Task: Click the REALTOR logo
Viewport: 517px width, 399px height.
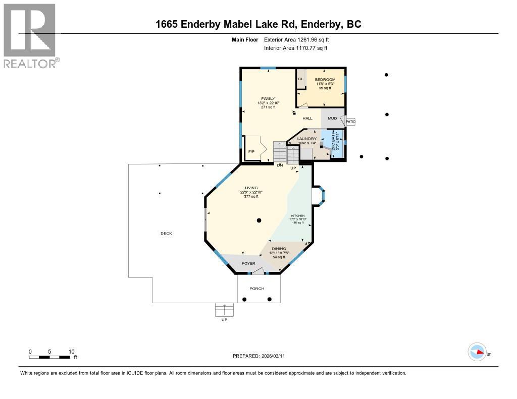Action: (30, 35)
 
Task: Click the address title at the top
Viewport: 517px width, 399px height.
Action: (258, 24)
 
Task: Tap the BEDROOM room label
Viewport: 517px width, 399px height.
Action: (325, 80)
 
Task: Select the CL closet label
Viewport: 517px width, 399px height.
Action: (300, 79)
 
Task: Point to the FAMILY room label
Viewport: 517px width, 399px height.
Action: (268, 98)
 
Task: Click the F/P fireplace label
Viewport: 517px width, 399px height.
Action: (251, 152)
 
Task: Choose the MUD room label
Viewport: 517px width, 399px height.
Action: (332, 119)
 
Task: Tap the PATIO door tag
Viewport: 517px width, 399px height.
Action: (350, 122)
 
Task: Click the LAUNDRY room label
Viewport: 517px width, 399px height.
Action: (306, 139)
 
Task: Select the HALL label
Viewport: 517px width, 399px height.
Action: (307, 119)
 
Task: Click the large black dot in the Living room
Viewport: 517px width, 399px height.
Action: (258, 220)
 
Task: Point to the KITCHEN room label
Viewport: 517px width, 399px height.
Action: (297, 215)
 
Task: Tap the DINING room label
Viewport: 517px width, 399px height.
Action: (279, 249)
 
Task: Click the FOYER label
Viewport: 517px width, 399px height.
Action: (248, 263)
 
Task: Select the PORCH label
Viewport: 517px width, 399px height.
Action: (257, 289)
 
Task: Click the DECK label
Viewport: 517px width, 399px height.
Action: (166, 233)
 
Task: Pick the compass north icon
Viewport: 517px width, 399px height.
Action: (477, 352)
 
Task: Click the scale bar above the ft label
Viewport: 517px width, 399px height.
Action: (49, 357)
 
